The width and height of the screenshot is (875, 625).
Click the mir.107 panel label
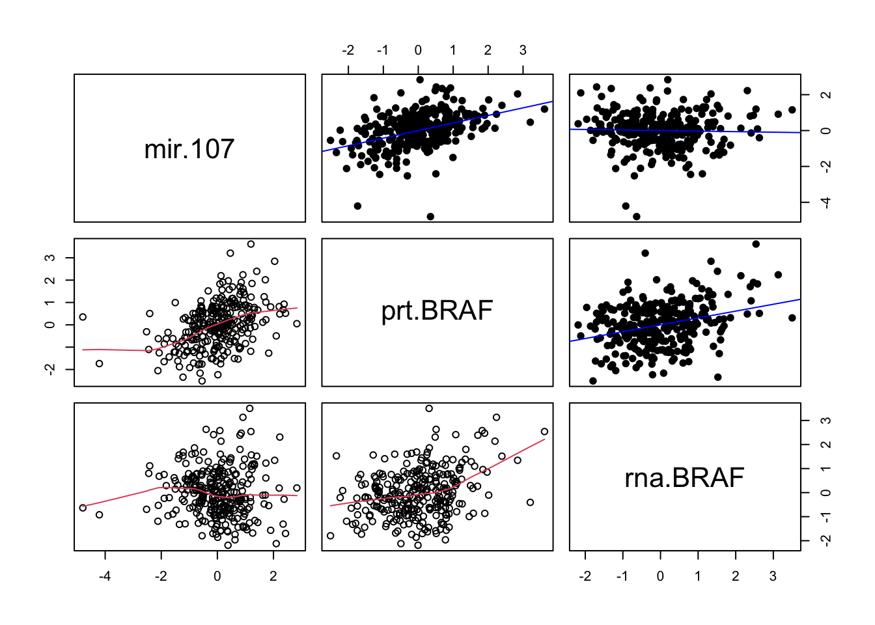coord(189,149)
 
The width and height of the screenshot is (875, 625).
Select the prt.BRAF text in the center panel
coord(437,311)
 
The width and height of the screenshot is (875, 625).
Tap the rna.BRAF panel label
coord(684,478)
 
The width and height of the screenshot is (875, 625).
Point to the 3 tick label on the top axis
coord(523,51)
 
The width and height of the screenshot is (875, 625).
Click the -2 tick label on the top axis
coord(348,51)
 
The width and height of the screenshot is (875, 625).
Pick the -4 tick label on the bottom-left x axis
coord(105,576)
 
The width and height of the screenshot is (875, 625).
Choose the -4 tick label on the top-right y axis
coord(826,202)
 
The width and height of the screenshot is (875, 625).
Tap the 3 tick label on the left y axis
coord(51,258)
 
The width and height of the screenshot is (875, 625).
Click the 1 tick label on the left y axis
coord(51,303)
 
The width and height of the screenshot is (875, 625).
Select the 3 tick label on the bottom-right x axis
coord(773,576)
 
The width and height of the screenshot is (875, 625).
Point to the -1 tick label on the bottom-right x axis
coord(622,576)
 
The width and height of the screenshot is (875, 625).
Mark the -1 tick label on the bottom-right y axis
coord(826,516)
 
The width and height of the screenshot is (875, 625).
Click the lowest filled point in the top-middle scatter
coord(430,216)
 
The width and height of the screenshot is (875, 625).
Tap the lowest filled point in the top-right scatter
coord(636,216)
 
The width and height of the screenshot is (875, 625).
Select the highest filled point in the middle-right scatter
coord(756,244)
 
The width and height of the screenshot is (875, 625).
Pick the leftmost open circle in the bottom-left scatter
coord(83,508)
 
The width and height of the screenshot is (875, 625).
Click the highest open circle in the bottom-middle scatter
coord(429,409)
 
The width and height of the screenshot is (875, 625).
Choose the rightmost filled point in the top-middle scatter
coord(544,109)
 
